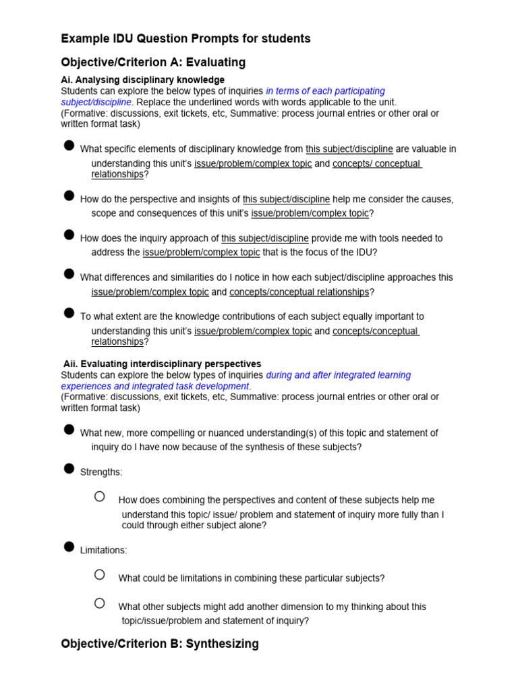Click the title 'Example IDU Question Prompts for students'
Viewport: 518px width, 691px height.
[x=185, y=39]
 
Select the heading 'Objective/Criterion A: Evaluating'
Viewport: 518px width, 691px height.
[x=153, y=63]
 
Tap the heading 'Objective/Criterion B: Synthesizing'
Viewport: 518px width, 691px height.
[x=160, y=644]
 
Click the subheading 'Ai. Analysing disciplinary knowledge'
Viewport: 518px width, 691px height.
[x=142, y=80]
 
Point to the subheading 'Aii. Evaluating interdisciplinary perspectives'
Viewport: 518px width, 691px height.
[x=162, y=364]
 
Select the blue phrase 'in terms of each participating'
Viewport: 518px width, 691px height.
[x=325, y=91]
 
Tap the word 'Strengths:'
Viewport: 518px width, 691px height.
[x=101, y=472]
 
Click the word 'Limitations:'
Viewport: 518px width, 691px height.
[x=103, y=551]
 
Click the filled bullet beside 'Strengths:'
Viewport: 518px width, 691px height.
[x=69, y=469]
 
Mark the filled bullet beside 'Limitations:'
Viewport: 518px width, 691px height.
[x=69, y=547]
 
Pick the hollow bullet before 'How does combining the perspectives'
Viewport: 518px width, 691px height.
[x=100, y=497]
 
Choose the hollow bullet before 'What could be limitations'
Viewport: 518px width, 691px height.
[x=100, y=575]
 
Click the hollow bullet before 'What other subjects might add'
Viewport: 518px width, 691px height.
[x=100, y=603]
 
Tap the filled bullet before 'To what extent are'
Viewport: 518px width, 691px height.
[x=69, y=313]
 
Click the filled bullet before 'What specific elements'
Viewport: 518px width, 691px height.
[x=69, y=146]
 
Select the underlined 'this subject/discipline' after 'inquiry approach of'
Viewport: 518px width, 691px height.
[x=265, y=238]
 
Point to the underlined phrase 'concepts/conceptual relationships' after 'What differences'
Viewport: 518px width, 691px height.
[x=299, y=292]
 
